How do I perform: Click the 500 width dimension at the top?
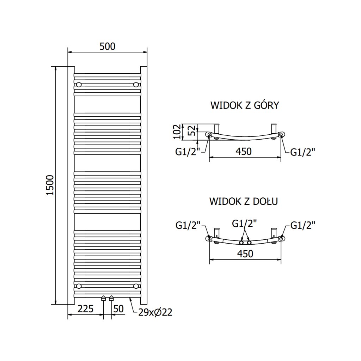(108, 47)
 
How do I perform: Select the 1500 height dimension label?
(50, 185)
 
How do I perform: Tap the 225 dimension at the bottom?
(86, 310)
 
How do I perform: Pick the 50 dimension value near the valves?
(119, 310)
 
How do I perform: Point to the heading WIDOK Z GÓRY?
(245, 105)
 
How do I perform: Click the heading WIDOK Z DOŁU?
(244, 202)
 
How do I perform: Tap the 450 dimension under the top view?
(244, 152)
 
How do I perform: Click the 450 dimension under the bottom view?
(245, 253)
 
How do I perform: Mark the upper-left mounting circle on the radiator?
(79, 85)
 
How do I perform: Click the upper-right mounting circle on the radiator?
(136, 85)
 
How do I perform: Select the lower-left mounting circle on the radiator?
(79, 286)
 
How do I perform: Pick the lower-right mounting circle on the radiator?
(136, 286)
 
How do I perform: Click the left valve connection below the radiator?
(103, 298)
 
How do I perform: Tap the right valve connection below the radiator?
(111, 298)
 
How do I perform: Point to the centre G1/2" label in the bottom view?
(244, 223)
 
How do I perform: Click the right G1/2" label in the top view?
(302, 152)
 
